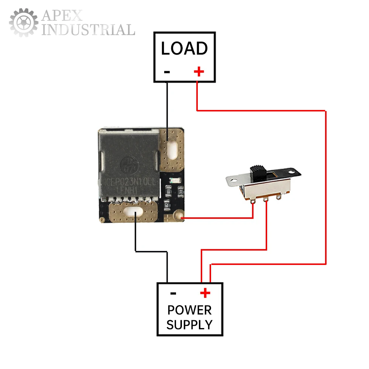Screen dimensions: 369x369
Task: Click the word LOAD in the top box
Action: coord(184,48)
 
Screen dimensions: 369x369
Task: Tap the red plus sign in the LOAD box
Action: coord(199,71)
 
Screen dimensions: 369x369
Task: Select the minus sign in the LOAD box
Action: coord(167,72)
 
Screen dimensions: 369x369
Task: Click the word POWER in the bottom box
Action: coord(190,310)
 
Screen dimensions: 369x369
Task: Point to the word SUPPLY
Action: coord(190,325)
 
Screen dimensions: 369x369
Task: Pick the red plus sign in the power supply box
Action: coord(205,293)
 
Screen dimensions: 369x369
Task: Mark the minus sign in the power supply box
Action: coord(173,294)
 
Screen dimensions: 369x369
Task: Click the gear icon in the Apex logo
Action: coord(23,23)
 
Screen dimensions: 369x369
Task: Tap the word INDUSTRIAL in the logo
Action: coord(88,30)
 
